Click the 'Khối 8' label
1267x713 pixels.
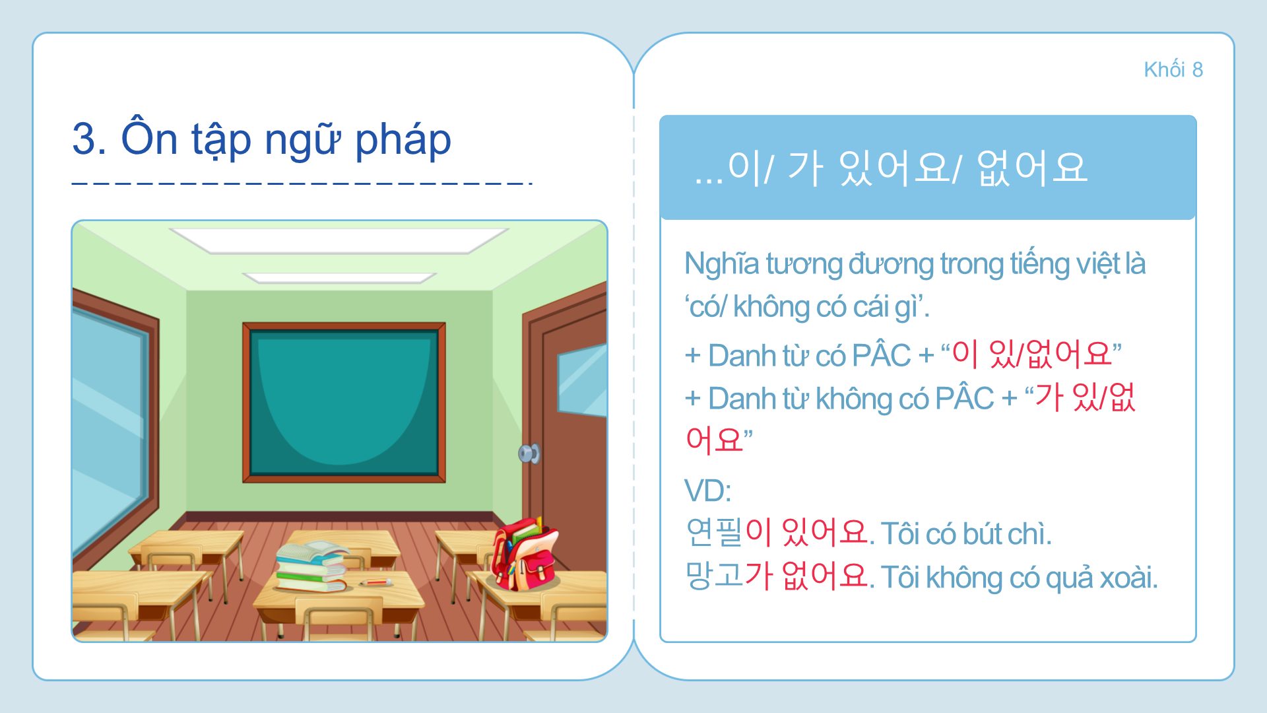[x=1173, y=69]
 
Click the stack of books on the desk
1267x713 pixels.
[x=312, y=566]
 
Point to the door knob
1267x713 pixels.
[x=529, y=454]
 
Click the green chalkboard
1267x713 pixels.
[x=344, y=402]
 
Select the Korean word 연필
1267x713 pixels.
[x=714, y=532]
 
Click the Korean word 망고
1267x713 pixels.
[x=714, y=576]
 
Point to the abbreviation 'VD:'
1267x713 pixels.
[x=707, y=491]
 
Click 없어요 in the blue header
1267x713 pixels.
[x=1032, y=168]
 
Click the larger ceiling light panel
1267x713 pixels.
[x=339, y=240]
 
